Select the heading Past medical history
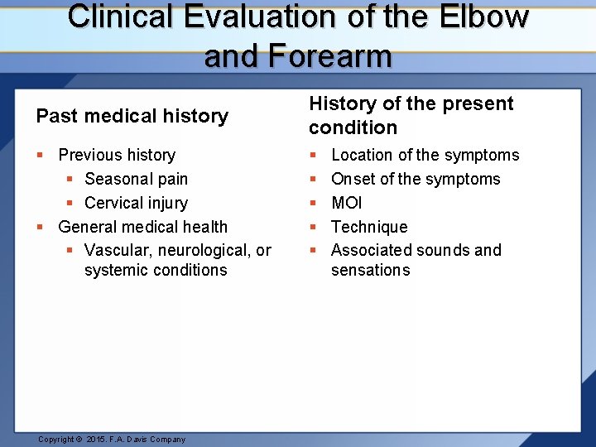pyautogui.click(x=132, y=116)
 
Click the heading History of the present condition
pyautogui.click(x=411, y=115)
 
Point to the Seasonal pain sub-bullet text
pyautogui.click(x=136, y=179)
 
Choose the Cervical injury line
pyautogui.click(x=136, y=203)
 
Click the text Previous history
pyautogui.click(x=117, y=155)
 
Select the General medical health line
pyautogui.click(x=142, y=227)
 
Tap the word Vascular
pyautogui.click(x=116, y=250)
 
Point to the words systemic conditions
pyautogui.click(x=156, y=270)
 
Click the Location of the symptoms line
pyautogui.click(x=425, y=155)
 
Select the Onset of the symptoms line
pyautogui.click(x=416, y=179)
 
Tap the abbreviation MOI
pyautogui.click(x=346, y=203)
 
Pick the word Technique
pyautogui.click(x=369, y=227)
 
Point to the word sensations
pyautogui.click(x=370, y=270)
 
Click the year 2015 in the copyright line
pyautogui.click(x=98, y=440)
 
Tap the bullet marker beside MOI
pyautogui.click(x=313, y=203)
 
